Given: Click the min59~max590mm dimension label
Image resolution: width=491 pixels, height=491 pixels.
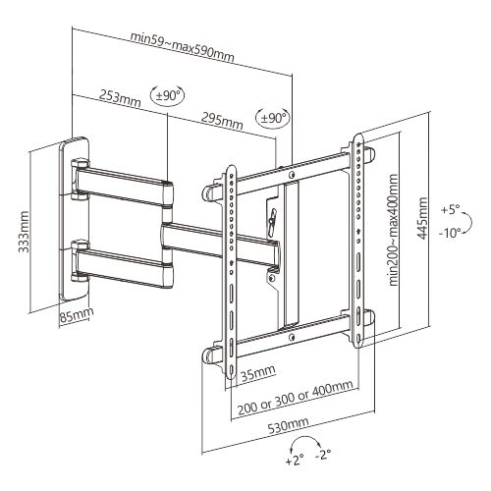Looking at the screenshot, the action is click(x=183, y=46).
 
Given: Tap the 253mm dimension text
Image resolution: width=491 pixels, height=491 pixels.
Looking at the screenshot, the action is click(x=121, y=98).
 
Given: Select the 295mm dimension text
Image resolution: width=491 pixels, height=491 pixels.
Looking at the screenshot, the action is click(x=222, y=121).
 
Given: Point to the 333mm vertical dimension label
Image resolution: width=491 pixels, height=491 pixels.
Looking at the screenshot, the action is click(x=24, y=232).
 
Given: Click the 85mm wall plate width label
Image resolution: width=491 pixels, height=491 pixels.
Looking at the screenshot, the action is click(x=77, y=315).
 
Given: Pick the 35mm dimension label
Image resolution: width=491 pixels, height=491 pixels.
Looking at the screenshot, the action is click(x=258, y=373).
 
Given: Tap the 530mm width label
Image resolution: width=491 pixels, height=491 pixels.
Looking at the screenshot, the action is click(x=289, y=425).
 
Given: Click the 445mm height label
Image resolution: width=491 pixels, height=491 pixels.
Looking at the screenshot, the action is click(x=422, y=218).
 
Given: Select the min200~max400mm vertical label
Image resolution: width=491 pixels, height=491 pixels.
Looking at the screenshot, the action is click(x=393, y=230).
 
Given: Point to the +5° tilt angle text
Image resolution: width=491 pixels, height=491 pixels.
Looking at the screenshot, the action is click(x=450, y=209).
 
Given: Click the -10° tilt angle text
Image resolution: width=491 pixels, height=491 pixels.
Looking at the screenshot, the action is click(x=450, y=233).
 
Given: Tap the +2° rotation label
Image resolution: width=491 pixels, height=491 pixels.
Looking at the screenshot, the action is click(x=295, y=461).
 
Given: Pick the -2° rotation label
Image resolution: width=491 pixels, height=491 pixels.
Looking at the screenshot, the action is click(x=323, y=455).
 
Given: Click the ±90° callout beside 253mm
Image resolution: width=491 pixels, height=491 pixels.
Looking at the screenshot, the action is click(x=167, y=95).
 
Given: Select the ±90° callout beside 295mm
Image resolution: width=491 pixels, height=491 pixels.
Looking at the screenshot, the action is click(x=273, y=118).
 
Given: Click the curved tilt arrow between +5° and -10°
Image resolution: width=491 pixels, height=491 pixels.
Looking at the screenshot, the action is click(x=469, y=223).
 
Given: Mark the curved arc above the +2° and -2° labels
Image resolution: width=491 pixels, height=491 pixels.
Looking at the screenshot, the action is click(x=305, y=437).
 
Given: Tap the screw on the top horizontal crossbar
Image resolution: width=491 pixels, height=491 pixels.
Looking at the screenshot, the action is click(x=292, y=174).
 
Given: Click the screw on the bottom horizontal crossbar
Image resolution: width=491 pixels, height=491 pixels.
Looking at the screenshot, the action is click(x=292, y=337).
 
